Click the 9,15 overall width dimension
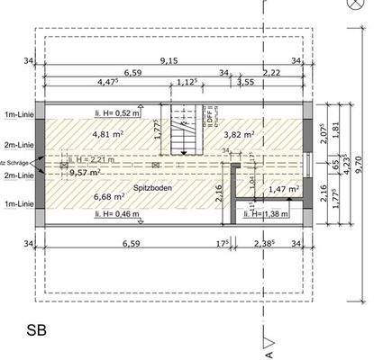point(168,61)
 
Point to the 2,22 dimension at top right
point(271,71)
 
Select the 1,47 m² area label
point(283,190)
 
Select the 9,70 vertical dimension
point(360,164)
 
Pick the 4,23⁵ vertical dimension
point(347,163)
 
